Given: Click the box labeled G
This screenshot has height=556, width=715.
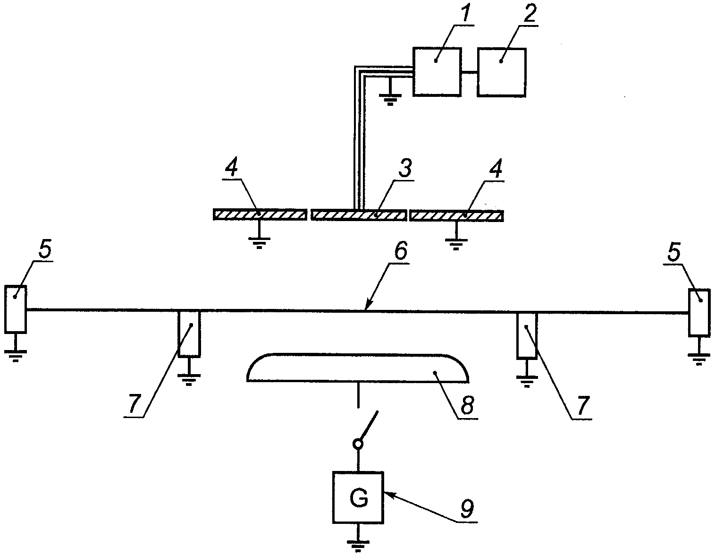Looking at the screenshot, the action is tap(358, 497).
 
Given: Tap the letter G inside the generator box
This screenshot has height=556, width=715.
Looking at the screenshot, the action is tap(359, 499).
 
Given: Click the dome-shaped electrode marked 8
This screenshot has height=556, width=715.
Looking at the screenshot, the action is tap(358, 368).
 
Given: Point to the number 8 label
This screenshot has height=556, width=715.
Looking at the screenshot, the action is tap(468, 404).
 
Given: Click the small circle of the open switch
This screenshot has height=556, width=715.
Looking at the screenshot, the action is tap(358, 444).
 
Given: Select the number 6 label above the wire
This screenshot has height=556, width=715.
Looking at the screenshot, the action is tap(400, 251).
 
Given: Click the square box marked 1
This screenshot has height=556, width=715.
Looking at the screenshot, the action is tap(437, 72).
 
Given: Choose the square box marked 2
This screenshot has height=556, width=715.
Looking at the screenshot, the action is tap(502, 72).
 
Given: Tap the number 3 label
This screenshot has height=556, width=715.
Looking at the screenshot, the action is tap(405, 168).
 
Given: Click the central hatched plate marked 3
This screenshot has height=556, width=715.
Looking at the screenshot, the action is tap(359, 215).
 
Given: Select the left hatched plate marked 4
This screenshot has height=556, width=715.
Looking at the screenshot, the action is tap(260, 214).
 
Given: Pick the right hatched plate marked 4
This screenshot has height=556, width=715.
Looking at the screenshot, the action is tap(456, 215).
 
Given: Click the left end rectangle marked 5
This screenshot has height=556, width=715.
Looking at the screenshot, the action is tap(16, 309).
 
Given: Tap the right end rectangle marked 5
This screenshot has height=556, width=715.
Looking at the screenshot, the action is tap(699, 313).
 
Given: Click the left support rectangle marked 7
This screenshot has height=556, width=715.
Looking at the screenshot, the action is tap(189, 333).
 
